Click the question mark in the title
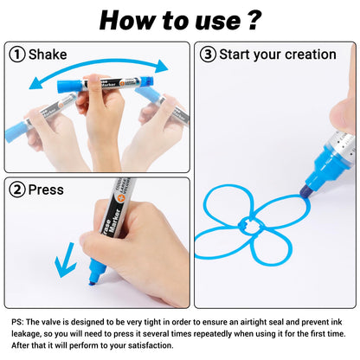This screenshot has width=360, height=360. click(x=254, y=20)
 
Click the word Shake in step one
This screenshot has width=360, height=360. click(x=48, y=55)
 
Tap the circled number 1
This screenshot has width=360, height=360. click(x=17, y=55)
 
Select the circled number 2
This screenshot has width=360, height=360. click(x=17, y=190)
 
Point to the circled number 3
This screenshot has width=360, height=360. click(x=208, y=55)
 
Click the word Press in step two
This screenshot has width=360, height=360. click(x=46, y=190)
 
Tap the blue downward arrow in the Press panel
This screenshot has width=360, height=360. click(x=66, y=260)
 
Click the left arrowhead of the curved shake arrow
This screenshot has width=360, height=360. click(x=36, y=83)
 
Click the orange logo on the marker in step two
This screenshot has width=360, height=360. click(x=119, y=197)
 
